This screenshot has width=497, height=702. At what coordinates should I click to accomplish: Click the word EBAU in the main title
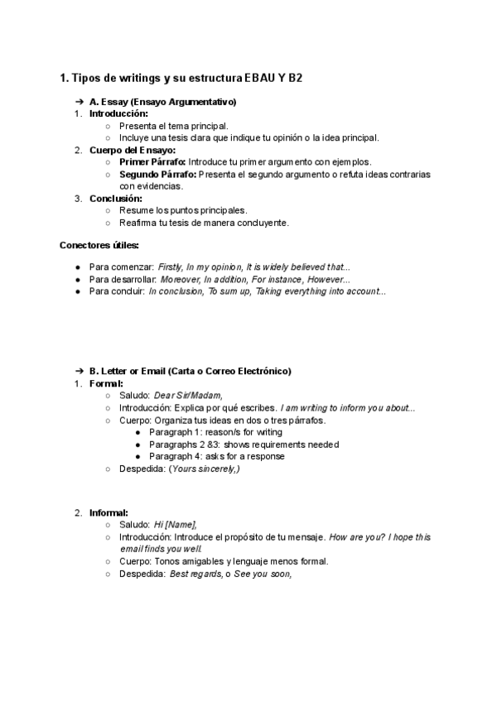coord(258,79)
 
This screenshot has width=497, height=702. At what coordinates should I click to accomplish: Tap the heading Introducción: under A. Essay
coord(118,113)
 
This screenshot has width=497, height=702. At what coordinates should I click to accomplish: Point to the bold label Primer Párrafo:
coord(152,162)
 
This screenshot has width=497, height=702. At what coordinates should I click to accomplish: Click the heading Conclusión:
coord(116,199)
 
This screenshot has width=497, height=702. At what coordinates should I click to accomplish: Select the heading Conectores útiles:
coord(99,245)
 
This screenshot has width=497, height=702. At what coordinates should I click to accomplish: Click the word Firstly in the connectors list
coord(170,267)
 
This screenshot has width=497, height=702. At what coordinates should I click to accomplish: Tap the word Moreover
coord(181,280)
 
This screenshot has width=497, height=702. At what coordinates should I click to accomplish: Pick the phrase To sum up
coord(226,291)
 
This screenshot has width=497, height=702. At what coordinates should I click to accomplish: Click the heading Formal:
coord(107,383)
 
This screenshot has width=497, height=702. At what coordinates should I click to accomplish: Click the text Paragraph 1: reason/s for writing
coord(215,432)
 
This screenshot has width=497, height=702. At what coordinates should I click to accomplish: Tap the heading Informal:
coord(109,512)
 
